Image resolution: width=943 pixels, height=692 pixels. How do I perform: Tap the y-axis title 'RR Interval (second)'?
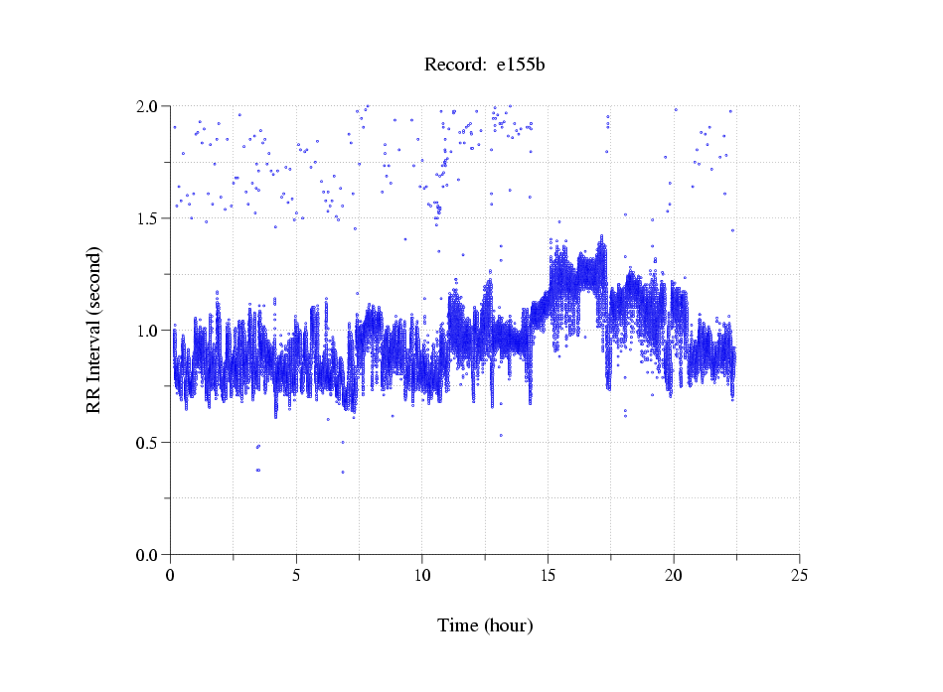click(x=94, y=330)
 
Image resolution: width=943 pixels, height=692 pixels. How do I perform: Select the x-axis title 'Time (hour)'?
click(x=485, y=625)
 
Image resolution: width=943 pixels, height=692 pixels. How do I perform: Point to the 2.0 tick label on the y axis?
click(x=148, y=105)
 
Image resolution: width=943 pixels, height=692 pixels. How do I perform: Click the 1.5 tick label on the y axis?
click(x=148, y=217)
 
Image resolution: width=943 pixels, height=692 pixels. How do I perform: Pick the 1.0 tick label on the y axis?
click(x=148, y=330)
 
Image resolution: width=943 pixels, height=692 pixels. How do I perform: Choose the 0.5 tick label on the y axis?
click(x=148, y=442)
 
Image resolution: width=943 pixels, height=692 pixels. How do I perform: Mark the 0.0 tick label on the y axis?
click(x=148, y=554)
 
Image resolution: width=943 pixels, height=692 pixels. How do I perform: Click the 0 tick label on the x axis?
click(x=170, y=575)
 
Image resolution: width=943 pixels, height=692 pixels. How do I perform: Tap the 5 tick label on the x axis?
click(x=296, y=575)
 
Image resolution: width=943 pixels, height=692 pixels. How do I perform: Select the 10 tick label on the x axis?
click(x=421, y=575)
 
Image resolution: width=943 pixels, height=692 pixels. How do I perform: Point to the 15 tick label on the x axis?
click(x=548, y=575)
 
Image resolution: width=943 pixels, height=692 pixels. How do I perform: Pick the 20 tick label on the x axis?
click(x=674, y=575)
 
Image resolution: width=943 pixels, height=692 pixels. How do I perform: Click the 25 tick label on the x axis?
click(x=799, y=575)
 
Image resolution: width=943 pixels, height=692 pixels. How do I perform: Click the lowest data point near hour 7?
click(x=343, y=473)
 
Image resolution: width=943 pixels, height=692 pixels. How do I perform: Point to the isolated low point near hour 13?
click(x=501, y=435)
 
